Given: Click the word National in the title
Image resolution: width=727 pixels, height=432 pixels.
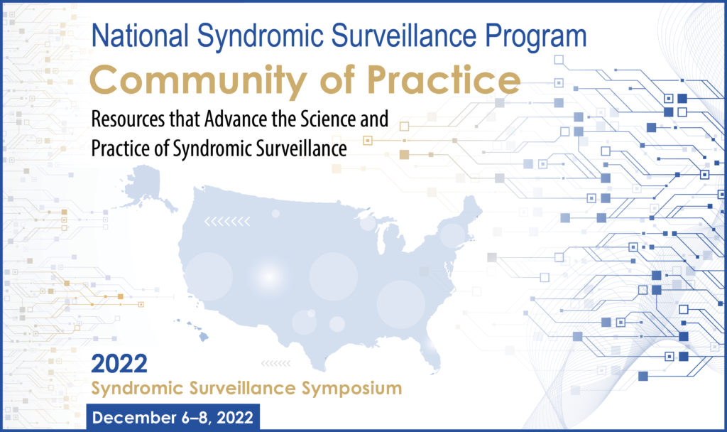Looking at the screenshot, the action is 140,36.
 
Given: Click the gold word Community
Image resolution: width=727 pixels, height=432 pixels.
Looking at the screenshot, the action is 199,80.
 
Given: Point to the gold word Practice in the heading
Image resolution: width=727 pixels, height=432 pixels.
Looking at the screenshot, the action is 444,80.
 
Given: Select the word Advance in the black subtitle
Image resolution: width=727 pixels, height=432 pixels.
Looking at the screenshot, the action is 236,119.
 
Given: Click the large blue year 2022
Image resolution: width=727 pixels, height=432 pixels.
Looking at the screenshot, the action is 119,364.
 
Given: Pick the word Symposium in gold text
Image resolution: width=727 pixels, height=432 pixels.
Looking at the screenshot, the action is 351,389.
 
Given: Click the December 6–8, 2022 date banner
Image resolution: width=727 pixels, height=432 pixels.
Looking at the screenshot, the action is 173,417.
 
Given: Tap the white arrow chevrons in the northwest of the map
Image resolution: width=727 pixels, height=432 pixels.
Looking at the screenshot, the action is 227,222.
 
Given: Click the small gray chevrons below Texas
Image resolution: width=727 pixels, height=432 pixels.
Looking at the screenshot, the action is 276,363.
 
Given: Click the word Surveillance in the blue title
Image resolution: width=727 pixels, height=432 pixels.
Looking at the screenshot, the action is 404,36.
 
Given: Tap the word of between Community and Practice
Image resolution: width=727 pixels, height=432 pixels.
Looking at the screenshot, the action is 337,80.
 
